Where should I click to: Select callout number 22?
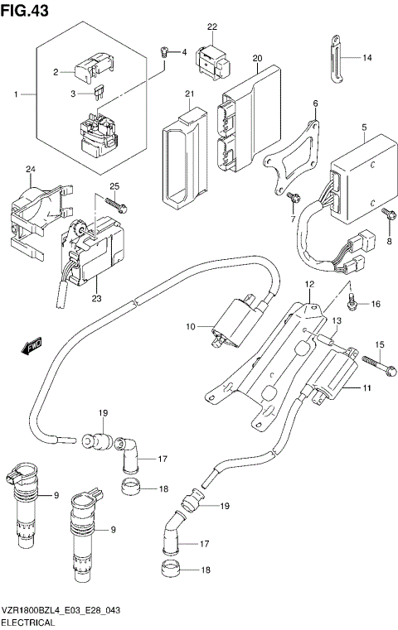point(212,27)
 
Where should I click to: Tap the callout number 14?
point(368,58)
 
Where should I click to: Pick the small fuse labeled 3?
point(100,94)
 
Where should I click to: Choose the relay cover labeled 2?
point(90,66)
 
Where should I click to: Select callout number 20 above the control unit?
point(257,58)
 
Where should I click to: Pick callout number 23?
point(96,299)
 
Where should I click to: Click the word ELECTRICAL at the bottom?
point(28,623)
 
